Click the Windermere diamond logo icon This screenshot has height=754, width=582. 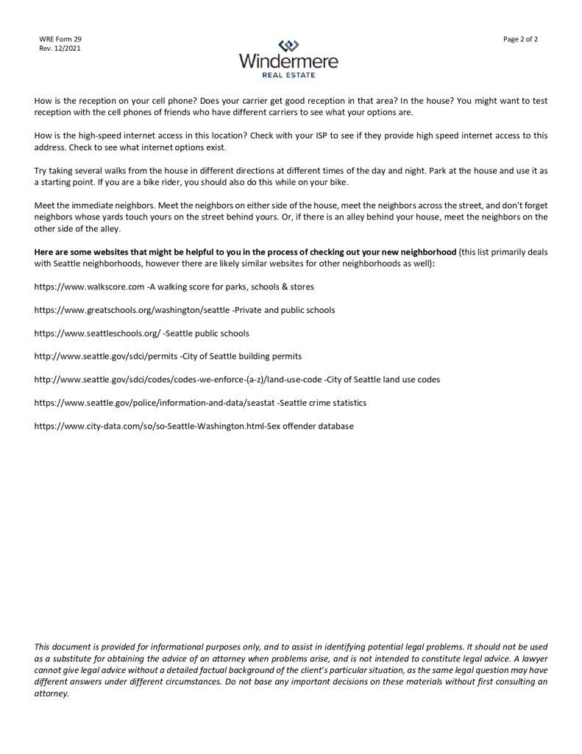[289, 45]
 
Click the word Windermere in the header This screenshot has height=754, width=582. [289, 62]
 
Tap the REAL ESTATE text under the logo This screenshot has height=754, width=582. [289, 75]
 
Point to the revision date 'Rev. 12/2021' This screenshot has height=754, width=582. [59, 49]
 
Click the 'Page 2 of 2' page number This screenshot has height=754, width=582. [521, 39]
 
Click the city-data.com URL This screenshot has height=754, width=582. [150, 426]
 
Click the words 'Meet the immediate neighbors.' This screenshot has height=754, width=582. [87, 205]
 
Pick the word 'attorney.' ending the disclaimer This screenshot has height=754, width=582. [51, 693]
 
